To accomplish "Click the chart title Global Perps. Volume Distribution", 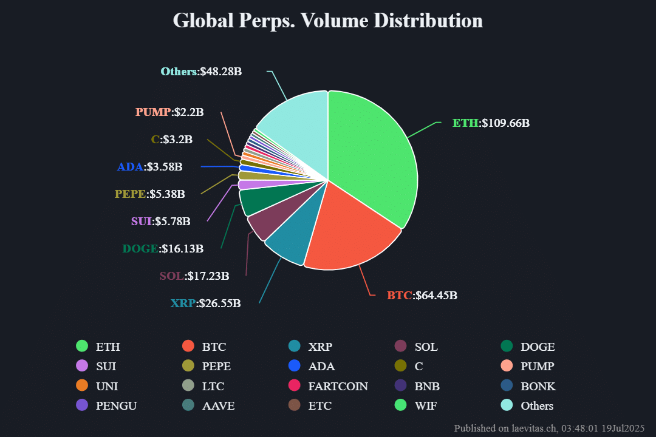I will point(328,20).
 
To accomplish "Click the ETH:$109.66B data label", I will point(491,123).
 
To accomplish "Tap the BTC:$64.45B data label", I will point(422,296).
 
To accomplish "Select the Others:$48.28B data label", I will point(201,72).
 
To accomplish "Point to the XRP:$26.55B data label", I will point(205,303).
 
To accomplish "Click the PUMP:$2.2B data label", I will point(169,112).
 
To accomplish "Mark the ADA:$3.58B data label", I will point(149,166).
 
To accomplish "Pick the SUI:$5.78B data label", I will point(160,222).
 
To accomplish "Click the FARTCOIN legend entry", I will point(338,386).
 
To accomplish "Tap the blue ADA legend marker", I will point(295,366).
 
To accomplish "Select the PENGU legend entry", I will point(116,405).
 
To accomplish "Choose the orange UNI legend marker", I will point(82,386).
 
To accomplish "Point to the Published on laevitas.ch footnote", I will point(549,428).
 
